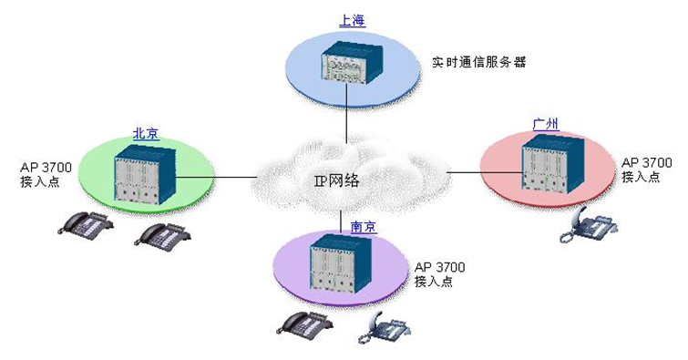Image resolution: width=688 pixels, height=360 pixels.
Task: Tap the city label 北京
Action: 146,133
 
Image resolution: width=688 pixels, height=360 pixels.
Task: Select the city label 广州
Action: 545,124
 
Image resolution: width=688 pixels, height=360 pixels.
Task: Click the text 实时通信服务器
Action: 479,64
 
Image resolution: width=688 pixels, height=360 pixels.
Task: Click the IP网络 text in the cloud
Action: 337,180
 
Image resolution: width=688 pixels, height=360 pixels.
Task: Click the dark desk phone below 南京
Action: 305,322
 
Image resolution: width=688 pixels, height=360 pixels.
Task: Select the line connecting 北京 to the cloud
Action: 241,176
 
